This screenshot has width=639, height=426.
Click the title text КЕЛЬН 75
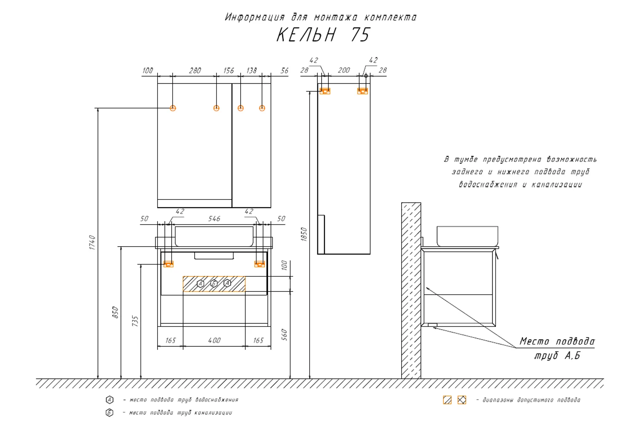click(x=323, y=35)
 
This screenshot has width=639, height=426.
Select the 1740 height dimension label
click(x=92, y=242)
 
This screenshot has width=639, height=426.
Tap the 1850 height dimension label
click(x=304, y=234)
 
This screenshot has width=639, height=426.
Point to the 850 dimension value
click(x=115, y=312)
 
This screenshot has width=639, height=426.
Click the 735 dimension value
click(x=135, y=321)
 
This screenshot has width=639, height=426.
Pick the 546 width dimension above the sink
click(x=214, y=219)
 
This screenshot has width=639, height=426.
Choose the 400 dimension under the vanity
click(x=214, y=340)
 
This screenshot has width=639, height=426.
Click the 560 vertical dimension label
click(x=284, y=335)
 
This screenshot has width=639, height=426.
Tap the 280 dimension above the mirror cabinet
click(x=195, y=71)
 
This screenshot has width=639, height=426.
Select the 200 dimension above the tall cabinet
click(x=344, y=70)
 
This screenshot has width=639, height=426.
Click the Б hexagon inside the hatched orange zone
click(x=214, y=284)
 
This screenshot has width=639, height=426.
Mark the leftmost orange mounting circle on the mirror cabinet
click(x=173, y=108)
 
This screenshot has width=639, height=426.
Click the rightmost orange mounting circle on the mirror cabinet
click(x=262, y=108)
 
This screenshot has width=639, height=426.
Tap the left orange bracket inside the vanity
click(x=169, y=264)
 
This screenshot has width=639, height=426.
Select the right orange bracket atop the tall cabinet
click(x=363, y=91)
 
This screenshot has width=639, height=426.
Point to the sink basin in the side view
click(x=467, y=236)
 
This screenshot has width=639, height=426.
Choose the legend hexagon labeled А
click(x=109, y=400)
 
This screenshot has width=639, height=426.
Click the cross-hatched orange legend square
click(x=462, y=400)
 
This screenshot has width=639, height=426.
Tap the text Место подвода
click(x=557, y=341)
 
